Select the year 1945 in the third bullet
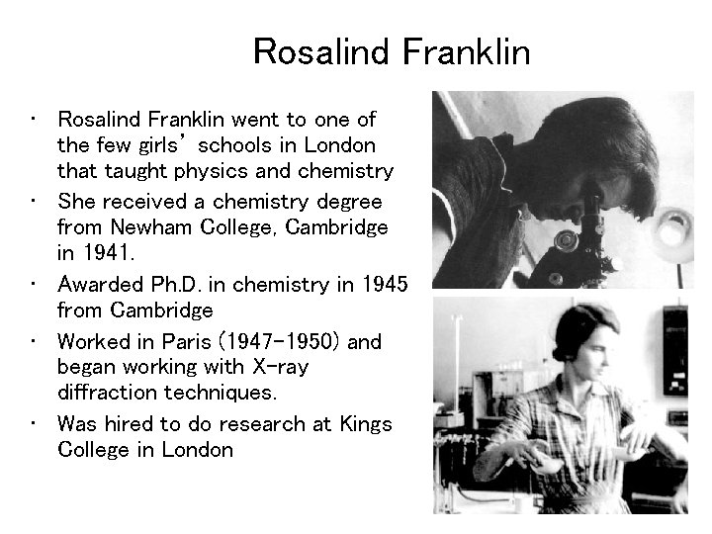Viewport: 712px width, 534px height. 384,285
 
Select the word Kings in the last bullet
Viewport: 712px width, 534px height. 367,424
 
